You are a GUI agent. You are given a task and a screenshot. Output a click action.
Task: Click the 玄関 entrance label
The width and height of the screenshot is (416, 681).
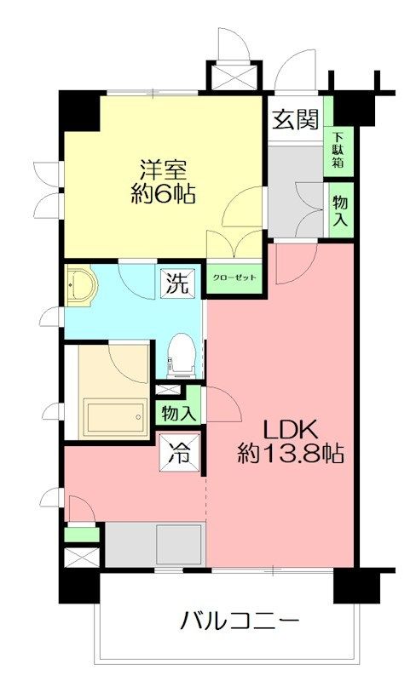click(x=296, y=119)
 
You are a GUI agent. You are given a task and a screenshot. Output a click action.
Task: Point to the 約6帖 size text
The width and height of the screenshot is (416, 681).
click(x=163, y=194)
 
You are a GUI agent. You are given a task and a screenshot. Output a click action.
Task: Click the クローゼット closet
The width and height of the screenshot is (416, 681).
click(x=234, y=278)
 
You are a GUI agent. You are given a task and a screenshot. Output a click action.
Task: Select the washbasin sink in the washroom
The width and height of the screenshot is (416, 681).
click(x=80, y=286)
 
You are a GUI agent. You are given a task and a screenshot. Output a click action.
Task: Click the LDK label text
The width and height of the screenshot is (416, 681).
click(x=288, y=431)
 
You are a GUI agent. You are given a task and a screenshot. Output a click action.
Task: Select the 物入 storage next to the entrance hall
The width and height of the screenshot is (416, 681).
click(x=341, y=210)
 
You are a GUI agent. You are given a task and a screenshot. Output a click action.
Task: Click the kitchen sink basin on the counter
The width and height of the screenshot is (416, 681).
click(x=179, y=544)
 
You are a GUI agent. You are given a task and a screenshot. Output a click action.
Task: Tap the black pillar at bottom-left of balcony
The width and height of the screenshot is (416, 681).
click(x=79, y=587)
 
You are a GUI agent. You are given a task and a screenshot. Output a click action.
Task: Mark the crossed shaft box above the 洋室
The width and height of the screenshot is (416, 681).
click(x=235, y=77)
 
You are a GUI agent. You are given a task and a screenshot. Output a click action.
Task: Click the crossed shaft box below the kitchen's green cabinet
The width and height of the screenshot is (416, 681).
click(x=82, y=558)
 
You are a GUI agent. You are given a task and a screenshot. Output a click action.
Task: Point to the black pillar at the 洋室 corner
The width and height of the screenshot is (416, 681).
click(x=79, y=110)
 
